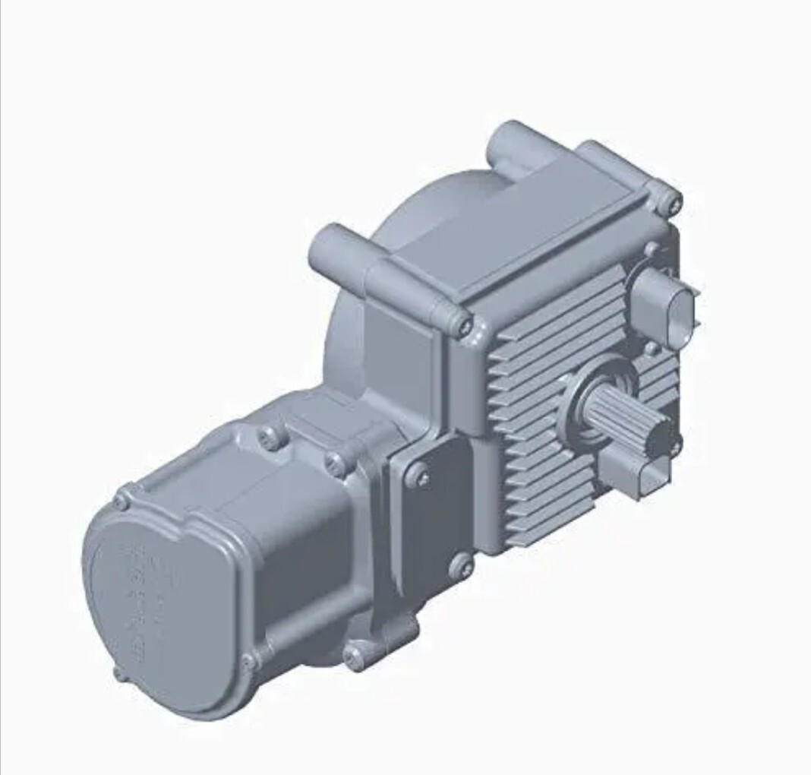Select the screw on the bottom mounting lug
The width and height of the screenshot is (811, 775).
pyautogui.click(x=354, y=656)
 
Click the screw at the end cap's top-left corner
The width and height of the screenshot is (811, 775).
pyautogui.click(x=122, y=501)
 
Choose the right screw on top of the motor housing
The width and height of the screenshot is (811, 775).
pyautogui.click(x=334, y=462)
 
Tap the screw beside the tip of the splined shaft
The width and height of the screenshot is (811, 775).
pyautogui.click(x=674, y=448)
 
